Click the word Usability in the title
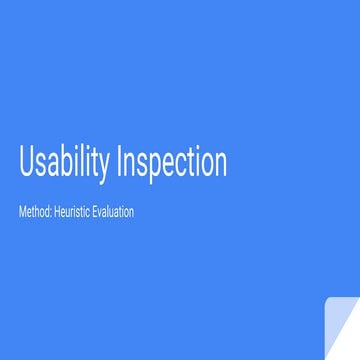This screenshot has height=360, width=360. [x=64, y=163]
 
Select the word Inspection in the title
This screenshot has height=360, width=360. [x=171, y=163]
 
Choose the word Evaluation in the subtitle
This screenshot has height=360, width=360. [x=113, y=212]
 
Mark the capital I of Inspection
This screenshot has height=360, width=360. [x=121, y=162]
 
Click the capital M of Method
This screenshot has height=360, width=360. [x=23, y=212]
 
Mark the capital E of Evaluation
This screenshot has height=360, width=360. [x=94, y=212]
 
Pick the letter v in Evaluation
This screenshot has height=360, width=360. [x=100, y=213]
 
